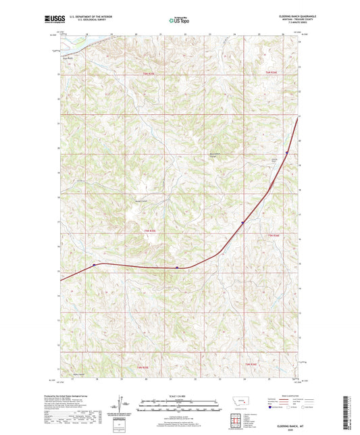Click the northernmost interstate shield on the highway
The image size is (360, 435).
(286, 153)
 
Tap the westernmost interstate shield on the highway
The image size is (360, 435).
(94, 265)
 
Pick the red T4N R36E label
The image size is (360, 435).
(251, 365)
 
